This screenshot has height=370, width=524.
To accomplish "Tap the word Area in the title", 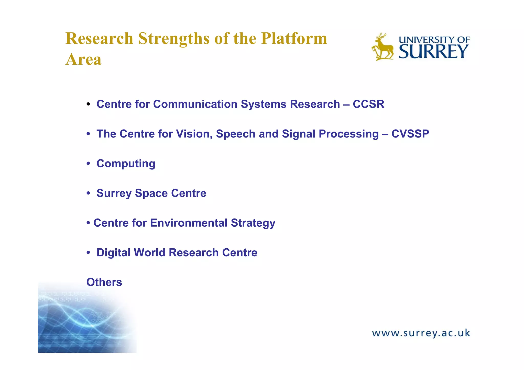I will (83, 60).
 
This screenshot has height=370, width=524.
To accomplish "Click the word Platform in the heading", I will (294, 39).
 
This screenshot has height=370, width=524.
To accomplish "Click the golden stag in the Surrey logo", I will (383, 47).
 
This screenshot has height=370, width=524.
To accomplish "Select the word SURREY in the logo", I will (433, 52).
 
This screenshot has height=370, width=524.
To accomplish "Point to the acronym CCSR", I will (368, 104).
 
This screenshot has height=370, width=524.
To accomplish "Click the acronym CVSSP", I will (410, 134).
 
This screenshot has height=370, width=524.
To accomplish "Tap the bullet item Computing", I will (126, 164).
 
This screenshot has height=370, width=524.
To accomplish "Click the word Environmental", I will (189, 223).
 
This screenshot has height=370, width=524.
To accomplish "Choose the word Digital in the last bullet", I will (113, 253).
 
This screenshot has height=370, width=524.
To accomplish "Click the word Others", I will (104, 282).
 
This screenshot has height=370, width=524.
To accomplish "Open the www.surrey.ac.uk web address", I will (421, 333).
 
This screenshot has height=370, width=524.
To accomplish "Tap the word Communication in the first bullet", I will (195, 104).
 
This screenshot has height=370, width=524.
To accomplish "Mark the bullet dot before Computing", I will (88, 164).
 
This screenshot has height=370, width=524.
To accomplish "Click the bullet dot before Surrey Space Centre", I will (88, 193).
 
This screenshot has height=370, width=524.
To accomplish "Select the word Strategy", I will (253, 223).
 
